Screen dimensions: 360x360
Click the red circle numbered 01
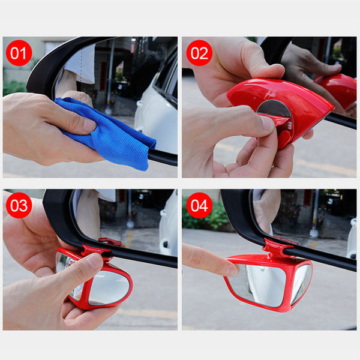tap(19, 53)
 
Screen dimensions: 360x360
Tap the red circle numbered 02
tap(199, 53)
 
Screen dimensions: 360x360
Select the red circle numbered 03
tap(19, 205)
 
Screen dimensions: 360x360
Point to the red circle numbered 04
tap(199, 205)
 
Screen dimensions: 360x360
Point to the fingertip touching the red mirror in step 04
tap(232, 271)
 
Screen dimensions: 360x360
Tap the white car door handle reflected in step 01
tap(139, 104)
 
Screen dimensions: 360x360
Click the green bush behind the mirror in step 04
tap(205, 215)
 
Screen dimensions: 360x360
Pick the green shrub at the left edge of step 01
tap(14, 88)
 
